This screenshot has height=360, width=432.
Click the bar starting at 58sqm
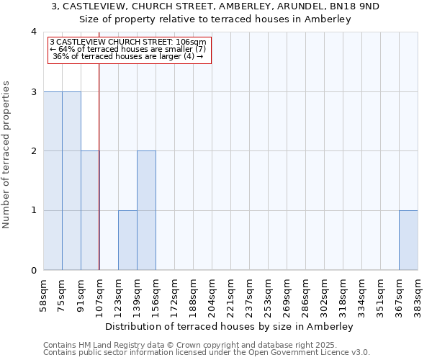click(x=53, y=181)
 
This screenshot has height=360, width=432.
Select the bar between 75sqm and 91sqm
click(x=71, y=181)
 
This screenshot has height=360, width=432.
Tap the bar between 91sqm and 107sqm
click(x=90, y=210)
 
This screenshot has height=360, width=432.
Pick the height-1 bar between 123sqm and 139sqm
click(x=127, y=240)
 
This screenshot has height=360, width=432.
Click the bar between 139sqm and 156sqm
click(x=146, y=210)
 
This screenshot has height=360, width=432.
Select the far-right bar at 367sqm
click(x=408, y=240)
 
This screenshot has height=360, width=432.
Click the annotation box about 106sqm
click(x=130, y=50)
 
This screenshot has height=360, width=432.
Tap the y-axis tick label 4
click(x=34, y=32)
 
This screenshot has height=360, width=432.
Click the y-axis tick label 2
click(x=34, y=151)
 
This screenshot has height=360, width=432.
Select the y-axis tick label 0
click(x=34, y=270)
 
